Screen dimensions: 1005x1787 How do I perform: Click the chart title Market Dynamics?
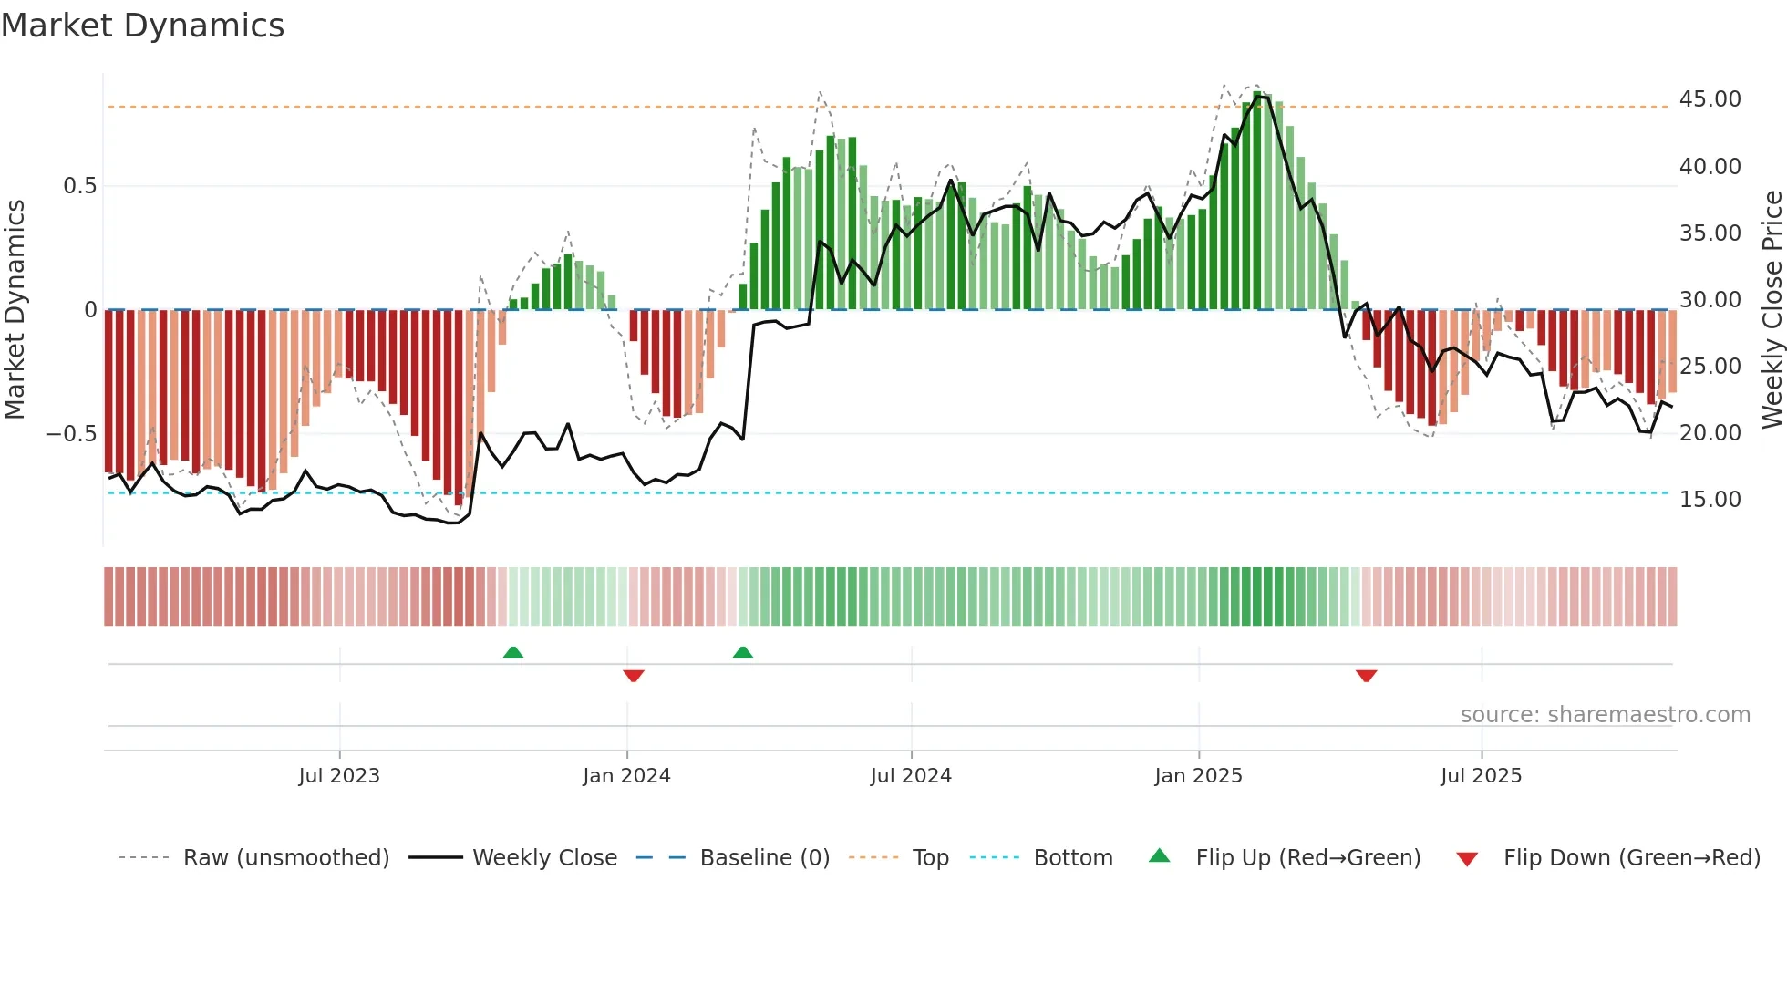142,26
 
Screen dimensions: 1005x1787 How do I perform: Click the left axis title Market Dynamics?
15,309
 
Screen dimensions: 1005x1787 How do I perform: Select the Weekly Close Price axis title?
1772,309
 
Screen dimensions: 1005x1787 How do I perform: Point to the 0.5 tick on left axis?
79,186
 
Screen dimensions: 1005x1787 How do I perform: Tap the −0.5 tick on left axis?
71,434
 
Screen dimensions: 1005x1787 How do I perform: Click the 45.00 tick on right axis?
1710,99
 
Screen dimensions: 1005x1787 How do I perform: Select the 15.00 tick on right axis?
1710,500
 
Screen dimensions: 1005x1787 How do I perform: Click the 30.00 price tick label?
1710,300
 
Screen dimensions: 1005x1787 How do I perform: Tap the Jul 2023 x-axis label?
339,776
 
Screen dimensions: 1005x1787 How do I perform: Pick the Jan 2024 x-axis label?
626,776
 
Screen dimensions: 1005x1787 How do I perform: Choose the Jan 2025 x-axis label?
1198,776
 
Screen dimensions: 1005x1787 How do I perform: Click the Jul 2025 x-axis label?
1481,776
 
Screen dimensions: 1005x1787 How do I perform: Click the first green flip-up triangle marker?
513,652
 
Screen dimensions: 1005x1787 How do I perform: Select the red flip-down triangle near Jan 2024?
634,676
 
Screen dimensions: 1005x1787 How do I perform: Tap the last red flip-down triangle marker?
1366,676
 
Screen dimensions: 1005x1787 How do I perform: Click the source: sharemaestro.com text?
1605,715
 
